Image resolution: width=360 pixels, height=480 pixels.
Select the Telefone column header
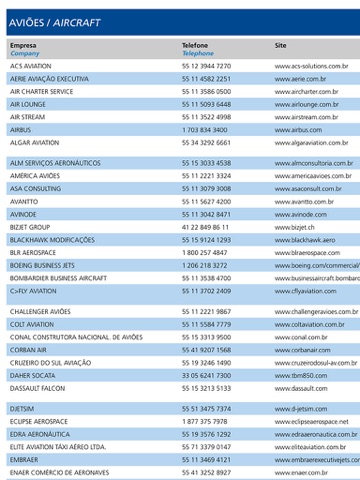(x=196, y=45)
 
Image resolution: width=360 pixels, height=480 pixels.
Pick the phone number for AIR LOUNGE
(x=206, y=104)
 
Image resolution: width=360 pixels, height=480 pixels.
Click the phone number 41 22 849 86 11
(x=205, y=227)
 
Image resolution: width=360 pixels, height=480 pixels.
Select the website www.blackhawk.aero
(x=305, y=240)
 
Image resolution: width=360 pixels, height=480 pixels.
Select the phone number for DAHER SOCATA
(x=206, y=375)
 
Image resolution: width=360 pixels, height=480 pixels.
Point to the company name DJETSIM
(x=22, y=409)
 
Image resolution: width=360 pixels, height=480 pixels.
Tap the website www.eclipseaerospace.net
(x=311, y=422)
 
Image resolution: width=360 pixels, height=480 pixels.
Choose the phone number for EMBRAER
(x=206, y=460)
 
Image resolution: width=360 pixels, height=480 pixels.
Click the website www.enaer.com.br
(x=301, y=472)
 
